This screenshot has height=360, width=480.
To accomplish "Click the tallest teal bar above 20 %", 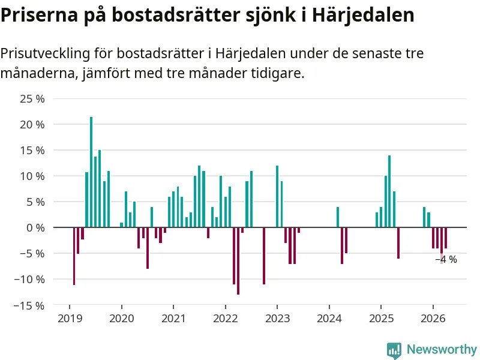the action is click(91, 172).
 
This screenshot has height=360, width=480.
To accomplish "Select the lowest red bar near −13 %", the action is click(238, 261).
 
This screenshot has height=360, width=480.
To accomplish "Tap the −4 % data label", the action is click(446, 259).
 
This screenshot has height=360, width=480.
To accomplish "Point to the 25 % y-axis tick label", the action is click(32, 99).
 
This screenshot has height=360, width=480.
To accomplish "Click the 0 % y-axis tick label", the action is click(35, 228).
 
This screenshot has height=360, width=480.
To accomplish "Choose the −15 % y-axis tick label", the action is click(29, 305).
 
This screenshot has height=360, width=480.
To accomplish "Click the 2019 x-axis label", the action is click(70, 319).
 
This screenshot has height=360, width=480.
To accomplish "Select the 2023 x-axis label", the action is click(277, 319).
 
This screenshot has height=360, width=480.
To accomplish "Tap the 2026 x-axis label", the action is click(433, 319).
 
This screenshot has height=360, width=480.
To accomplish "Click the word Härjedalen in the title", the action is click(363, 14).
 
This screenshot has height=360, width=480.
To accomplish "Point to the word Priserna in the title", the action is click(39, 14).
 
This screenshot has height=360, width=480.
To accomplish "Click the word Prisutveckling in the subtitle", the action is click(46, 53).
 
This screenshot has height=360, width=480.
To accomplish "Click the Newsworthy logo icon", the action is click(394, 350).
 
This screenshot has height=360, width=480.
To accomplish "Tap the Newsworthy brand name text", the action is click(442, 349).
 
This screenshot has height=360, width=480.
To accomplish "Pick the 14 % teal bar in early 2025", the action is click(389, 191).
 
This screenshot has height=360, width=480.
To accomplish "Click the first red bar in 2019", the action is click(74, 256).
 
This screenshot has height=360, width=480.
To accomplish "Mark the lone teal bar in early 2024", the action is click(338, 217).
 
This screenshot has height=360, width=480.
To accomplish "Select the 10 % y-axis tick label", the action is click(32, 176).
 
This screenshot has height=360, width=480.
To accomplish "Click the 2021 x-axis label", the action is click(173, 319).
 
